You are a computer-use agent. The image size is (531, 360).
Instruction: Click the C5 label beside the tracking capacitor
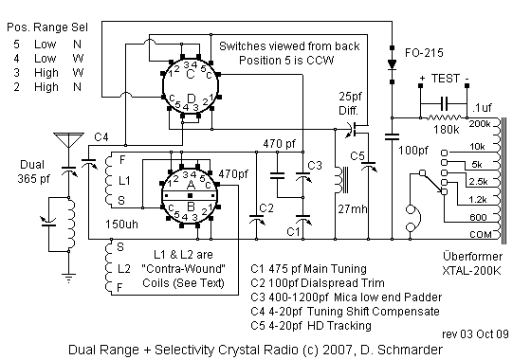tap(357, 155)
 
